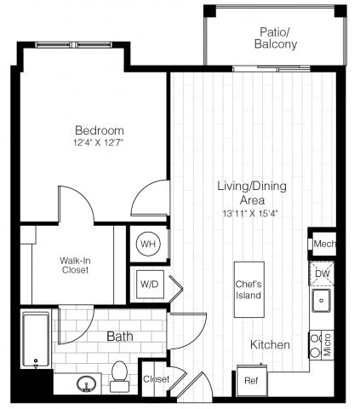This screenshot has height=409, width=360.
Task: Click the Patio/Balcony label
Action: pos(277,37)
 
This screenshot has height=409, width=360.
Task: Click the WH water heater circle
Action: pos(148,245)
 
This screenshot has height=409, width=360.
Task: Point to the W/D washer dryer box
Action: pos(148,282)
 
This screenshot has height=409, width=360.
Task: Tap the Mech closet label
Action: pos(324,244)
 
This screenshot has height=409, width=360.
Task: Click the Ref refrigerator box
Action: pos(251,380)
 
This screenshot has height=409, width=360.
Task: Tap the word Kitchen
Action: pos(270,345)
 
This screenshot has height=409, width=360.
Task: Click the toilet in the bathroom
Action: pos(120,374)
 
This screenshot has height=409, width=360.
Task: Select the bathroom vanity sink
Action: pos(86,383)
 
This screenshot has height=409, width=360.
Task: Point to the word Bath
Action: pos(119,337)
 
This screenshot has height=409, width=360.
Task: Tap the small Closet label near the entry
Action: pos(155,379)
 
